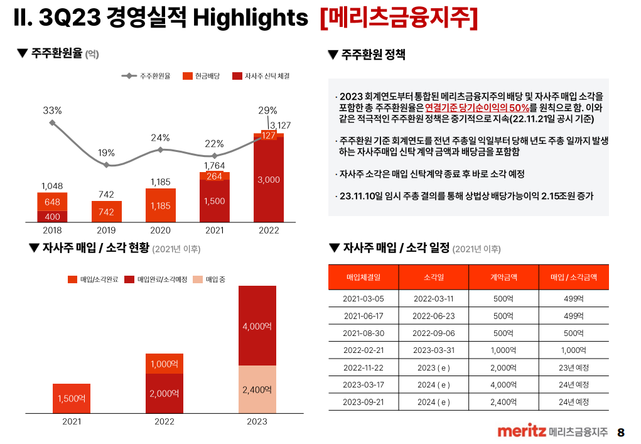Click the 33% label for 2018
[52, 111]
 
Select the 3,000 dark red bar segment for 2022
[269, 180]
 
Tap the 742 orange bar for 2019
[106, 212]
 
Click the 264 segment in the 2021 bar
[215, 176]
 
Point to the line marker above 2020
[161, 149]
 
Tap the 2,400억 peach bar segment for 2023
[257, 389]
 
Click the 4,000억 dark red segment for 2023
[257, 326]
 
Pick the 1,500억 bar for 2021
[72, 398]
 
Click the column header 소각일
[433, 277]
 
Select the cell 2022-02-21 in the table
[364, 350]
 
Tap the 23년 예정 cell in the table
[573, 367]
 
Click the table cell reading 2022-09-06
[433, 333]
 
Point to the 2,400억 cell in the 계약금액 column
[504, 401]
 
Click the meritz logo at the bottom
[521, 431]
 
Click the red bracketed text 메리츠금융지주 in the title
[399, 19]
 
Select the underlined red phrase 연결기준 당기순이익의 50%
[477, 107]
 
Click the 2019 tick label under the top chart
[106, 230]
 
